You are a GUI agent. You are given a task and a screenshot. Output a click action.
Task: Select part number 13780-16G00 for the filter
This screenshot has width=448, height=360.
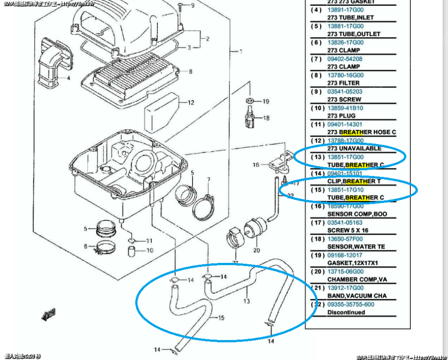pyautogui.click(x=346, y=75)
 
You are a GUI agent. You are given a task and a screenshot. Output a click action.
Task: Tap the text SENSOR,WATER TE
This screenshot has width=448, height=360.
pyautogui.click(x=356, y=247)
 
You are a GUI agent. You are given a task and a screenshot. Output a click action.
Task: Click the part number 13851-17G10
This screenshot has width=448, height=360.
pyautogui.click(x=346, y=190)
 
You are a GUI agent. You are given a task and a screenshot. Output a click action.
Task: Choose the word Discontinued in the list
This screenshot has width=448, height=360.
pyautogui.click(x=346, y=312)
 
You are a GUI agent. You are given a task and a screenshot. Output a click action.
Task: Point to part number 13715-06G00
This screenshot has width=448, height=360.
pyautogui.click(x=346, y=272)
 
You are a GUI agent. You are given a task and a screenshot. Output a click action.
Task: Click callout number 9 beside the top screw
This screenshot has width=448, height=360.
pyautogui.click(x=192, y=6)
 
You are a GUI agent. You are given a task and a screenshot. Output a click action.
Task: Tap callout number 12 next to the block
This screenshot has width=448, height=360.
pyautogui.click(x=191, y=103)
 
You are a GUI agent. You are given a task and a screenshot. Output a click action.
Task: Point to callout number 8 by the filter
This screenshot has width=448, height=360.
pyautogui.click(x=190, y=71)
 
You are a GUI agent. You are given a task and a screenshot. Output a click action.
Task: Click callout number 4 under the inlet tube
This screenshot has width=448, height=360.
pyautogui.click(x=68, y=79)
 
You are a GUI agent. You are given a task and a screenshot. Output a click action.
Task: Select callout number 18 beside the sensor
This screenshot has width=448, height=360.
pyautogui.click(x=266, y=118)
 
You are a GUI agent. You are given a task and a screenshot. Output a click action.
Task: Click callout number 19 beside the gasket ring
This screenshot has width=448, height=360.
pyautogui.click(x=266, y=101)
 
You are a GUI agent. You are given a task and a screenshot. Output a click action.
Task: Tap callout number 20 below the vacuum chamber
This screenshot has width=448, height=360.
pyautogui.click(x=256, y=250)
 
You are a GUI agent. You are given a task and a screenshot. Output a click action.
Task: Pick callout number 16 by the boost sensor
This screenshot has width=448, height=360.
pyautogui.click(x=256, y=165)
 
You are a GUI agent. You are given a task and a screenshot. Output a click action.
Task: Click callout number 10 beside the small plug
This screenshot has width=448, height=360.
pyautogui.click(x=150, y=251)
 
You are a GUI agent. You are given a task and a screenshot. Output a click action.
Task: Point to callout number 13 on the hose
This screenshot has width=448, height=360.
pyautogui.click(x=247, y=301)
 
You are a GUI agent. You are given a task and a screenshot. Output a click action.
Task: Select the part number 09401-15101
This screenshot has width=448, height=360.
pyautogui.click(x=346, y=173)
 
